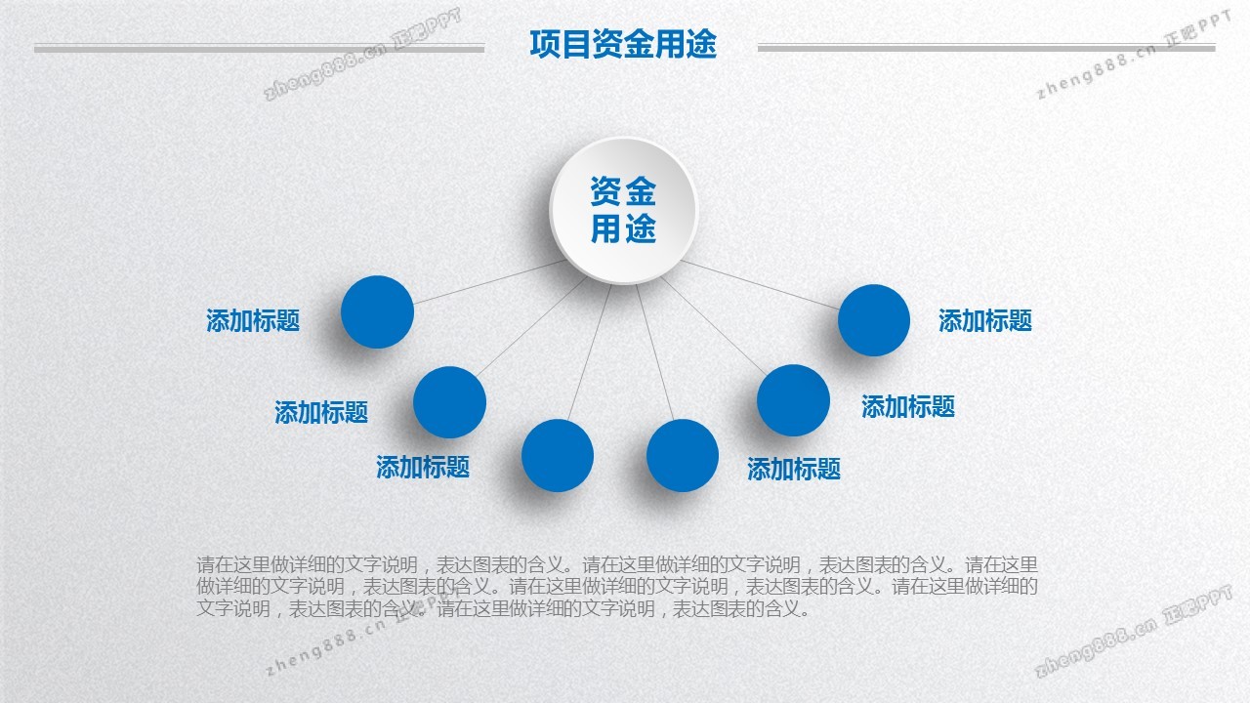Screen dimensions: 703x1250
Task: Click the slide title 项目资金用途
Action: point(623,44)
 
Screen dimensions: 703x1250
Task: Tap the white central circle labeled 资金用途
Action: point(623,210)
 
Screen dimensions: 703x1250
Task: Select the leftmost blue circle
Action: point(377,312)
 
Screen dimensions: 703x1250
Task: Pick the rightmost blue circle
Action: point(874,320)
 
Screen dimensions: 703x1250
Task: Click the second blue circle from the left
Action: point(449,402)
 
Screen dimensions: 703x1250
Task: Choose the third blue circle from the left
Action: point(558,455)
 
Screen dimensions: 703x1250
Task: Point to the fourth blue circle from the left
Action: point(683,455)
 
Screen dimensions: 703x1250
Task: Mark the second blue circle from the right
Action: point(794,400)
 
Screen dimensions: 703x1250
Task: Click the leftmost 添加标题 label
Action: point(253,320)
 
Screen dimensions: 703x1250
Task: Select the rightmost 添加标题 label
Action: point(985,320)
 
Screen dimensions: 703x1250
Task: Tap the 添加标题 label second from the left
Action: point(321,412)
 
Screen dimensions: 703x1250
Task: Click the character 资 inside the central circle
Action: point(606,191)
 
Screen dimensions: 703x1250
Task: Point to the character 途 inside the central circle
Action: point(641,228)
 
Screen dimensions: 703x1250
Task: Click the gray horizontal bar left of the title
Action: point(259,49)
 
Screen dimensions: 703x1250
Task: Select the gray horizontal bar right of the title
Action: point(986,48)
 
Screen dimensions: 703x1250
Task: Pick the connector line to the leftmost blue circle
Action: point(488,283)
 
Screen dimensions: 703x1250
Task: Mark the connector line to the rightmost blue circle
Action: point(762,284)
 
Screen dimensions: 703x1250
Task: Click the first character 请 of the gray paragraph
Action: point(205,564)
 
